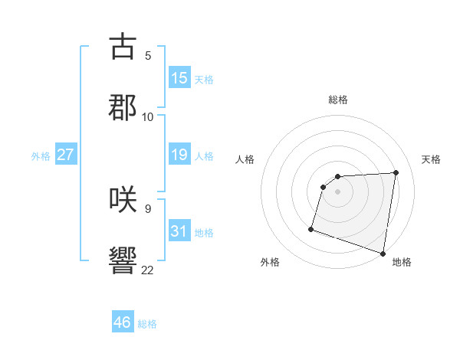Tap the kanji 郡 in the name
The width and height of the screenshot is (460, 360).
pos(123,107)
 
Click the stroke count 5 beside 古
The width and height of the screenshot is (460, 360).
pos(147,55)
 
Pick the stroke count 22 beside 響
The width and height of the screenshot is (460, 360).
pos(147,270)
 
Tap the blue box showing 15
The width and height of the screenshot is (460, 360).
pos(179,78)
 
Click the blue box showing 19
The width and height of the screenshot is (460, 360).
pos(179,155)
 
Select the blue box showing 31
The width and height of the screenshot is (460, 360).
pos(179,231)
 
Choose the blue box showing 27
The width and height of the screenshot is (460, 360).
pos(66,155)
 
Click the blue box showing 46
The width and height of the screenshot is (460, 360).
pos(123,322)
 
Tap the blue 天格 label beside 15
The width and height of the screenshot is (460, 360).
pos(204,79)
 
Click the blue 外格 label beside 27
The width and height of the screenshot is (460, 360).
pos(41,155)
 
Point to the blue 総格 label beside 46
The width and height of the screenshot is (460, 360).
pos(147,323)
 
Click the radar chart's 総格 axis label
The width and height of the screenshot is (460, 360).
pos(338,100)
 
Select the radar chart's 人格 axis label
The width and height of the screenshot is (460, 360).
pos(245,159)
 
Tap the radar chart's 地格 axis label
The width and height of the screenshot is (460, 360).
pos(402,262)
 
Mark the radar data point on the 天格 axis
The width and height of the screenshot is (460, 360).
pos(396,172)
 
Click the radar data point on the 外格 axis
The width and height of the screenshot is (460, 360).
pos(311,228)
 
